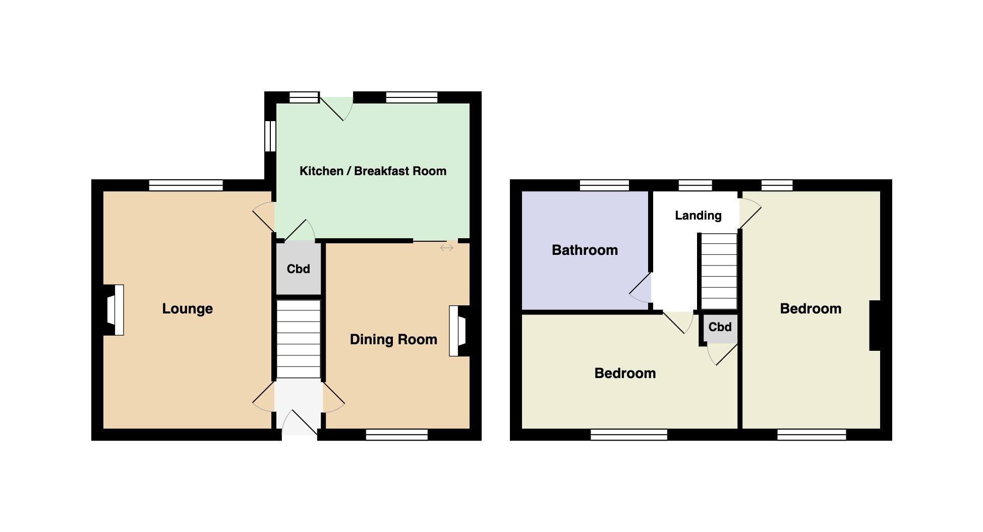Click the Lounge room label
(187, 308)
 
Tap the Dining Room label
(393, 339)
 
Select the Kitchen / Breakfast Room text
(373, 171)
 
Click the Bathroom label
(585, 250)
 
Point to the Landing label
(698, 216)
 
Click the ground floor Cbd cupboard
(298, 269)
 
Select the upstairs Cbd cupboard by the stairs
(720, 327)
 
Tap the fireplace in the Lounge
(114, 310)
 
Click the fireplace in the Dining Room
(458, 331)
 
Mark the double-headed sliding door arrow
(446, 248)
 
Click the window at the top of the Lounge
(186, 185)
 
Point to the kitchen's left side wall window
(270, 136)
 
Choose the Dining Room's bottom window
(396, 434)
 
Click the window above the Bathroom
(604, 185)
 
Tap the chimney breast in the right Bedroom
(875, 326)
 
